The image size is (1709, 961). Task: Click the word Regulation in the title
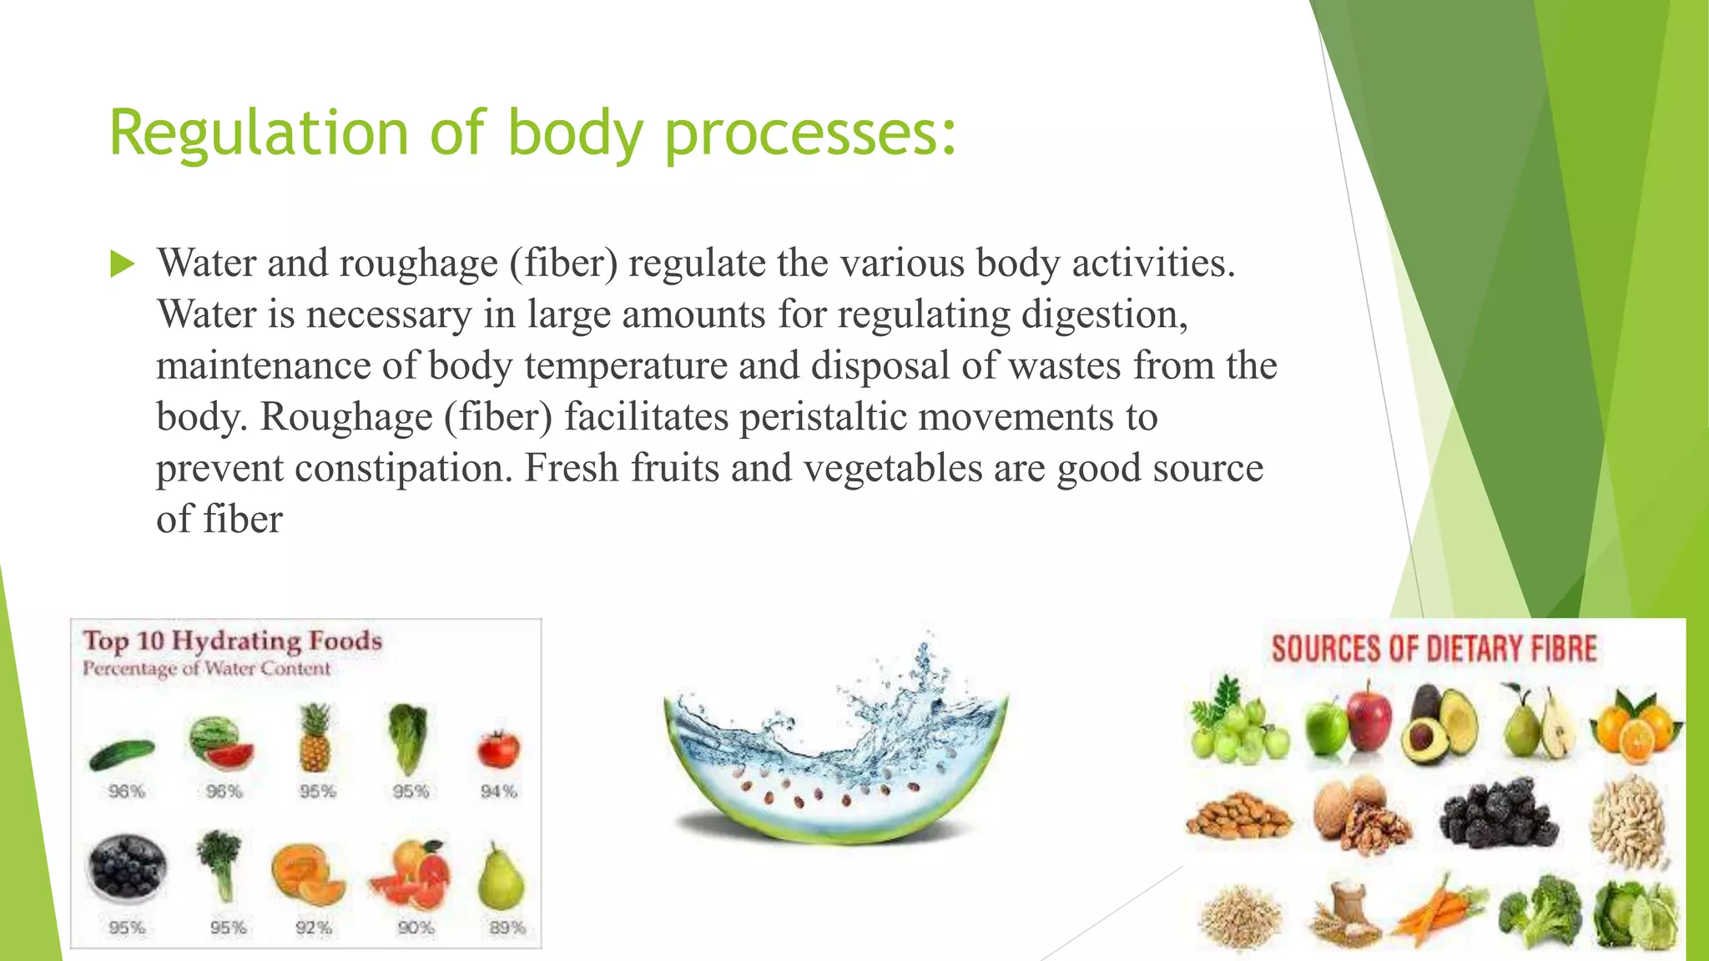(x=257, y=133)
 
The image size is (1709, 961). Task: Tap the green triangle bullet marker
(x=122, y=264)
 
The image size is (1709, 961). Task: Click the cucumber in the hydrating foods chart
(x=122, y=753)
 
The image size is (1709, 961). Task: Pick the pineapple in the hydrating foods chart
(x=315, y=738)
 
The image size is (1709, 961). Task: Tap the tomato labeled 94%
(x=498, y=748)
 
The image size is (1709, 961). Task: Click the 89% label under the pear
(x=507, y=928)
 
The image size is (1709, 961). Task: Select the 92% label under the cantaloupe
(x=314, y=928)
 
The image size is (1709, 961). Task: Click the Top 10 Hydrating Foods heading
(x=232, y=641)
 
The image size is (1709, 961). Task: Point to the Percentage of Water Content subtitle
(x=206, y=668)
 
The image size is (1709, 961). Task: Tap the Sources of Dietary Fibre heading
(x=1433, y=649)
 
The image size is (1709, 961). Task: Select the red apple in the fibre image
(x=1369, y=715)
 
